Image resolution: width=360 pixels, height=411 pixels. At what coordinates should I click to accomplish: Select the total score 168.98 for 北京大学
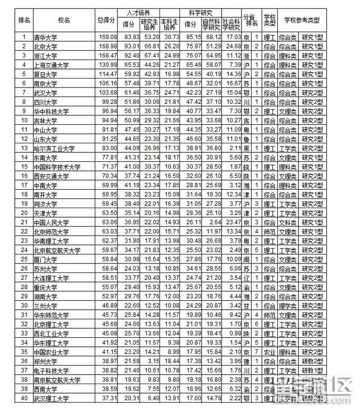click(x=107, y=46)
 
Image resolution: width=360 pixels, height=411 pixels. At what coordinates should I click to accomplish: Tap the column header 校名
click(x=65, y=20)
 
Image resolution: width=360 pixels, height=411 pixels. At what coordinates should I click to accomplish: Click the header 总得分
click(x=107, y=20)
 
